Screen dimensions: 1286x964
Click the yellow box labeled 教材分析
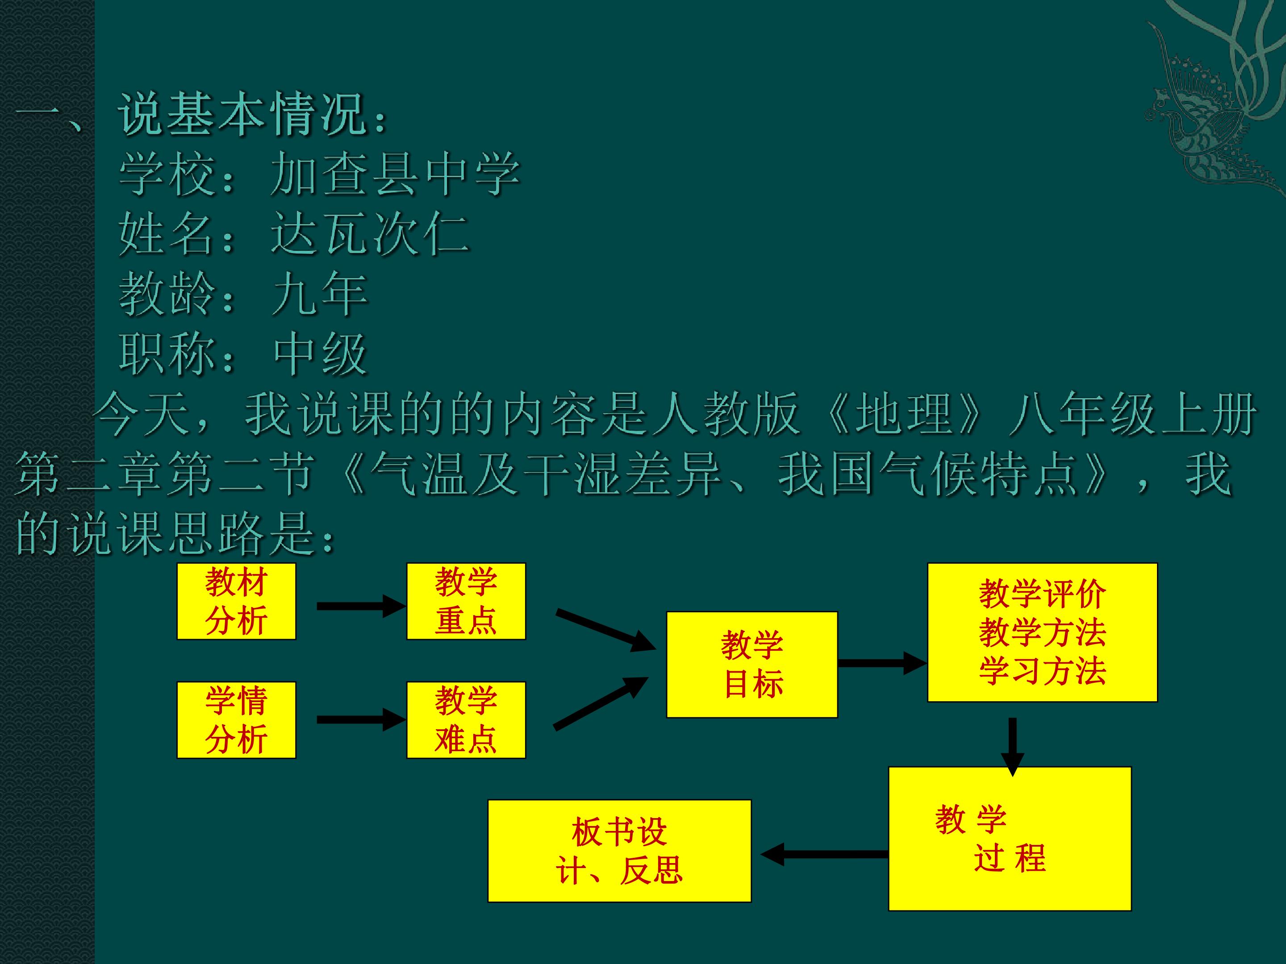[236, 602]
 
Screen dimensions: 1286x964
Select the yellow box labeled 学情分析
[236, 720]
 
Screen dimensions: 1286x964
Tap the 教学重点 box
[466, 602]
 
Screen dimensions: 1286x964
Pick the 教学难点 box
[466, 720]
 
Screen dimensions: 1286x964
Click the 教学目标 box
[752, 665]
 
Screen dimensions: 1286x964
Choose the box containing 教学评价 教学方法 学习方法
[1042, 632]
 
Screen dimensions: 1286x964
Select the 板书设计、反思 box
[619, 851]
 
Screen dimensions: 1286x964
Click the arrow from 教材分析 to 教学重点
[360, 606]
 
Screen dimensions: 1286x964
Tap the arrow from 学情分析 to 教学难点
[360, 720]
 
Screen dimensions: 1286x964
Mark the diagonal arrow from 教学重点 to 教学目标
[606, 631]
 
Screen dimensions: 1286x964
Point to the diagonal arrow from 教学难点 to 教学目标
[601, 702]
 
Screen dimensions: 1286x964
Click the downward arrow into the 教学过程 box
[1012, 747]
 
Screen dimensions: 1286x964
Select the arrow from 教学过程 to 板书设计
[824, 854]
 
